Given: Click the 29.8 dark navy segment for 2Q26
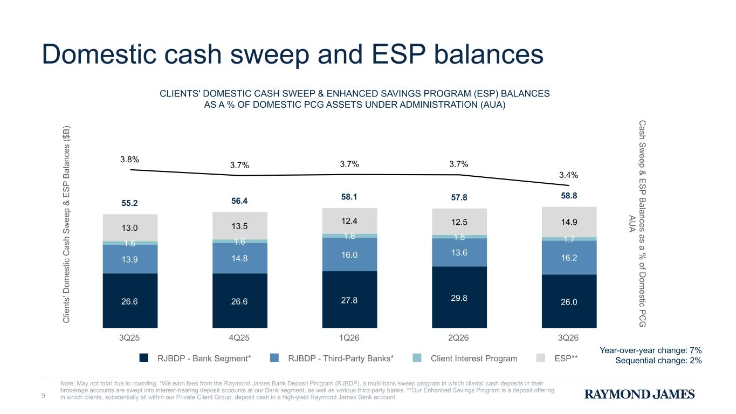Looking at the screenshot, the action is point(459,298).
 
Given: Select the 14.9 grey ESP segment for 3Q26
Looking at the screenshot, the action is point(569,222).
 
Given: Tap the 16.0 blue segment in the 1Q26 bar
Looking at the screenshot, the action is point(349,254).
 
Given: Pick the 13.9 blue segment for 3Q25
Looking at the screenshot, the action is point(130,259).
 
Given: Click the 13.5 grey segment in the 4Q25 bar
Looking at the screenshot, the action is point(240,226).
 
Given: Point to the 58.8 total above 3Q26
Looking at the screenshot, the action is point(569,196).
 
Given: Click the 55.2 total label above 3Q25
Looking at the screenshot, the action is point(129,203).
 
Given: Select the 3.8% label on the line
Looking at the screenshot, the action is point(129,160).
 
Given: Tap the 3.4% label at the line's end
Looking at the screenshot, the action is point(568,175).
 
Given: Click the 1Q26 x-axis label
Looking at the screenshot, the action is point(349,338).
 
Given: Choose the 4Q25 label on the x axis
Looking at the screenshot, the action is point(239,338).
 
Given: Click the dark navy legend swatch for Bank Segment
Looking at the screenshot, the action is point(143,358).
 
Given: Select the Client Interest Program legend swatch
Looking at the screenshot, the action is point(417,358).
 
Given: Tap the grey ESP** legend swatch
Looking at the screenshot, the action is point(540,358).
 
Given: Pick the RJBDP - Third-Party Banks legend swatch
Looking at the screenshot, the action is point(274,358).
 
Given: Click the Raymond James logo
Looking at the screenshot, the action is point(639,394).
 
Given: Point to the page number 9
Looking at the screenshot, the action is point(43,396).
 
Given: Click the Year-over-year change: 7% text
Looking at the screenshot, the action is point(651,350).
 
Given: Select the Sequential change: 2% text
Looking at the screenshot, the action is point(658,361).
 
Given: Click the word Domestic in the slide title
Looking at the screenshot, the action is point(99,54).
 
